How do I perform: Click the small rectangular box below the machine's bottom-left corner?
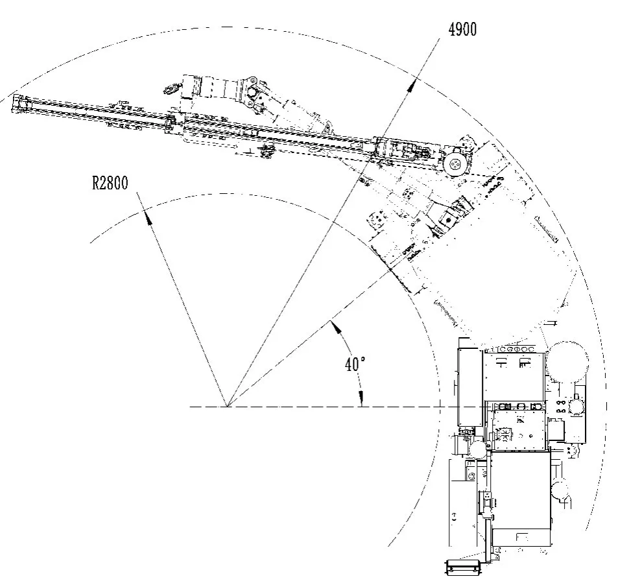pyautogui.click(x=462, y=567)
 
